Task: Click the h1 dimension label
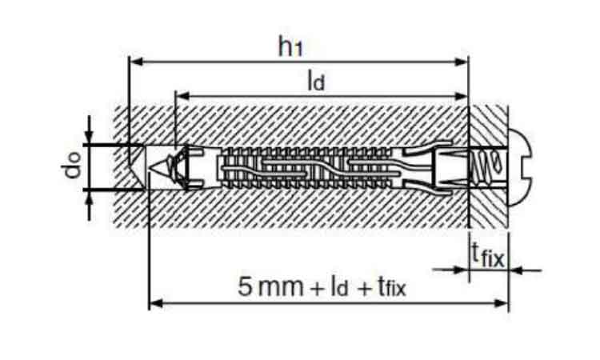pos(290,46)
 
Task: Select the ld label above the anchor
pos(316,81)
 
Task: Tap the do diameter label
pos(73,166)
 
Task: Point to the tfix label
pos(488,254)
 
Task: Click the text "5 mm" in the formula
pos(270,286)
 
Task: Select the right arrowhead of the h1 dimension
pos(461,62)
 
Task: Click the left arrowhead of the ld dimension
pos(183,96)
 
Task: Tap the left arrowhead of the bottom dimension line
pos(156,304)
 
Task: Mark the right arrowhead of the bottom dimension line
pos(502,304)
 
